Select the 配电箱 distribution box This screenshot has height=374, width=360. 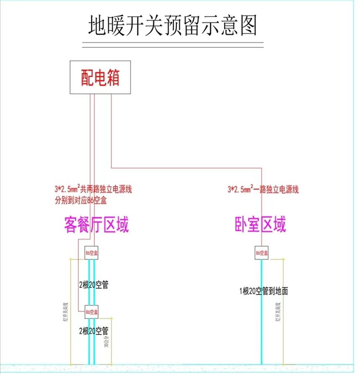[100, 77]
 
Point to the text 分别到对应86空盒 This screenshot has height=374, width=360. [80, 200]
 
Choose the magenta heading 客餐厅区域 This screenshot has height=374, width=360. [96, 224]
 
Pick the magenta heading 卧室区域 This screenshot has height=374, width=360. [260, 224]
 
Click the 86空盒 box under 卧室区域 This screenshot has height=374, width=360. [262, 253]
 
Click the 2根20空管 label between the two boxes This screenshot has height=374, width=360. [94, 285]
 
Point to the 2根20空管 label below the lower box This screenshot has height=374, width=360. [94, 330]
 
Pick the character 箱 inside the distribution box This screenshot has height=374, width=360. [113, 77]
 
